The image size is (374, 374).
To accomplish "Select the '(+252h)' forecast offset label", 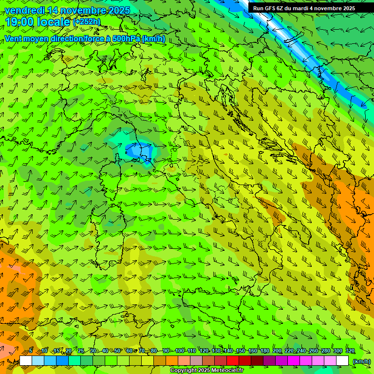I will click(x=87, y=22).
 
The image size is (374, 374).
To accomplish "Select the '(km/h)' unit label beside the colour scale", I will click(x=361, y=361).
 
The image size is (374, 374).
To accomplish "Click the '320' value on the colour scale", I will click(x=350, y=351).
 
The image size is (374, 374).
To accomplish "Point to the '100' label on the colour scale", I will click(x=179, y=351).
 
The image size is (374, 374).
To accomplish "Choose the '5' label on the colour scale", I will click(x=31, y=351).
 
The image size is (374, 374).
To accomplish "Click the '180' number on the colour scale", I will click(x=264, y=351).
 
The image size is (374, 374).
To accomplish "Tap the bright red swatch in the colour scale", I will click(x=233, y=361).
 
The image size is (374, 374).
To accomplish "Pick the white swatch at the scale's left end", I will click(x=26, y=361).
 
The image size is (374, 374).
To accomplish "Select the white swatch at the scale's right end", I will click(x=342, y=361).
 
